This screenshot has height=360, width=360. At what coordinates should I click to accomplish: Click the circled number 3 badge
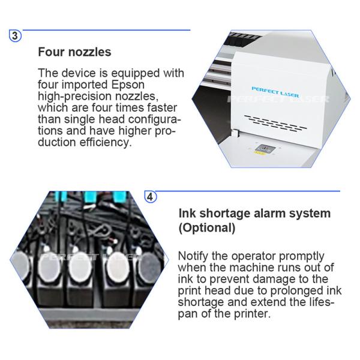pos(15,36)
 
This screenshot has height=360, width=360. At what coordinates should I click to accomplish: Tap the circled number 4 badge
pos(150,197)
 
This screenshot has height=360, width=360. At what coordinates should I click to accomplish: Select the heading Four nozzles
pos(74,52)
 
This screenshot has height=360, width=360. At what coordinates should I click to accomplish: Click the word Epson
pos(128,85)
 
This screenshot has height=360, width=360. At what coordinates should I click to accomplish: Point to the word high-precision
pos(75,97)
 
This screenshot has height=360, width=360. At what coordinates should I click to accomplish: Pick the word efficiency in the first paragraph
pos(106,142)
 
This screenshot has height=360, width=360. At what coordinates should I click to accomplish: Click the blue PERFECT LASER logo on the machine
pos(275,92)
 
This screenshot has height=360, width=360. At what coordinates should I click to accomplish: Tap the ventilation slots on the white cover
pos(275,123)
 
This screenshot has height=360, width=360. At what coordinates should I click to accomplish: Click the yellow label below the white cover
pos(260,152)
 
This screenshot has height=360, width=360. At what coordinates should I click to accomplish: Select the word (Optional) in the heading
pos(207,228)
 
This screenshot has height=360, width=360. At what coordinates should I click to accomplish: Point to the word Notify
pos(193,256)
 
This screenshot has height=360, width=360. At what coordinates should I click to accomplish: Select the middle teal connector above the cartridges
pos(91,197)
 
